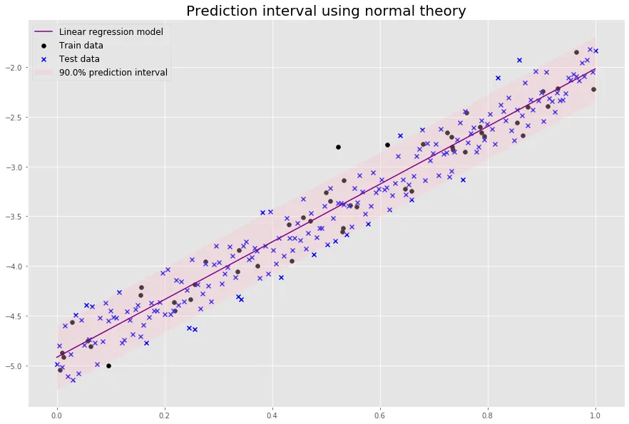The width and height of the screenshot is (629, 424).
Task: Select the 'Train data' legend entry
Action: (x=81, y=46)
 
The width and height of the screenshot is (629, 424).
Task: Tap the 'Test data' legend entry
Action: (x=79, y=58)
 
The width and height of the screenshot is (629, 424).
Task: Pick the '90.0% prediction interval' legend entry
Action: (x=113, y=72)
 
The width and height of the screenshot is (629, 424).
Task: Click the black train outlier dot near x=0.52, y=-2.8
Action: (x=338, y=147)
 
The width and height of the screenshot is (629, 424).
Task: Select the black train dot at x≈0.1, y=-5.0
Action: (x=108, y=366)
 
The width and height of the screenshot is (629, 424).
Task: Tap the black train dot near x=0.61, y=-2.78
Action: (x=387, y=145)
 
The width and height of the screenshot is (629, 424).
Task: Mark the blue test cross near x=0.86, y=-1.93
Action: (x=519, y=61)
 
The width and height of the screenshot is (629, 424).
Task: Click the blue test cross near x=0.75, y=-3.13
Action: (x=463, y=180)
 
